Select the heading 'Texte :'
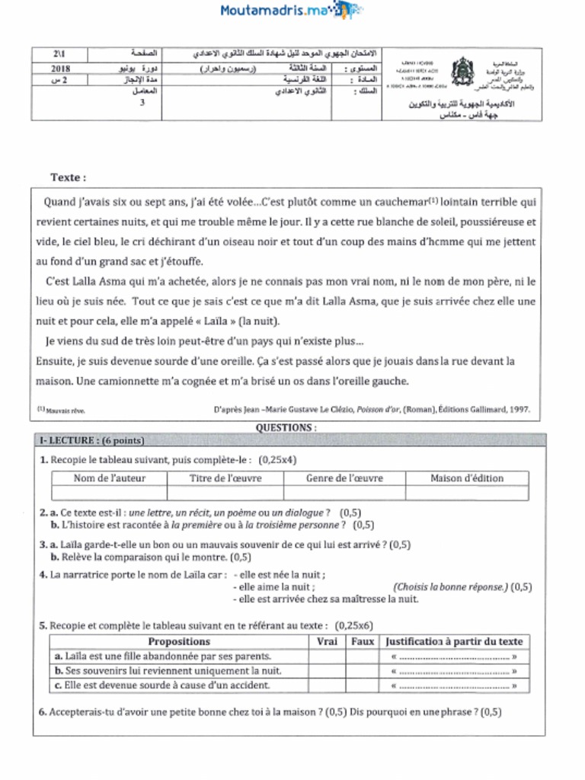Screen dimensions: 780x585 69,177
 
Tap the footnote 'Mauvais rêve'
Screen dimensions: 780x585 66,411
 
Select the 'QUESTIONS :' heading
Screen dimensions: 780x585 286,428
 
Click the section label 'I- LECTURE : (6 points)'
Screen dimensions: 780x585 91,440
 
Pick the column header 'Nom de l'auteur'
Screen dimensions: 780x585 109,478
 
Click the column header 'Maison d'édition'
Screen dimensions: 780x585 466,478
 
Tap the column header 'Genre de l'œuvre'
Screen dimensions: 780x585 344,478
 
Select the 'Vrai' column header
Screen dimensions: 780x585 327,641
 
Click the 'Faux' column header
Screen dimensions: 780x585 363,641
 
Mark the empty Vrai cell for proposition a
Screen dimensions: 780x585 327,656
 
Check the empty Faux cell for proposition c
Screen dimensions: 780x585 363,685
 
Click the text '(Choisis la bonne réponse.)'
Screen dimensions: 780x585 450,587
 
